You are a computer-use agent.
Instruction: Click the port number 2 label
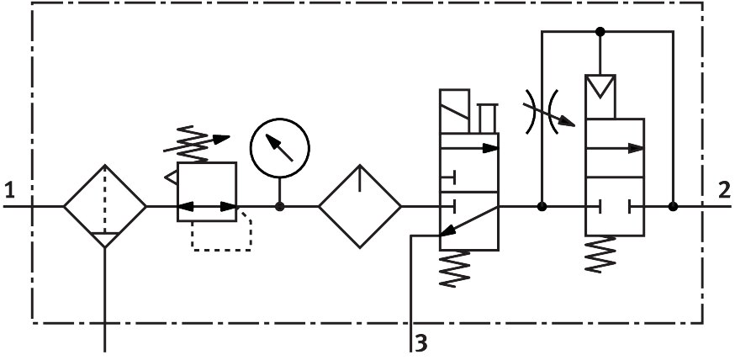(x=723, y=190)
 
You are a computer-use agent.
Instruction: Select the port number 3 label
(x=421, y=343)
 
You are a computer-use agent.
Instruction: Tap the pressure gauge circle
(x=279, y=148)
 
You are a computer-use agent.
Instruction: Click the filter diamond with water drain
(x=105, y=205)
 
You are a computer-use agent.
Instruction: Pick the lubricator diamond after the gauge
(x=360, y=205)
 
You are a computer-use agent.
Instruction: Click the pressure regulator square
(x=207, y=192)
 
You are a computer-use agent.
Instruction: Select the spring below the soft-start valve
(x=602, y=253)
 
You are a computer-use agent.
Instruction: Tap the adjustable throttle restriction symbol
(x=545, y=110)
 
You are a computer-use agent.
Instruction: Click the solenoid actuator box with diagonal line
(x=455, y=110)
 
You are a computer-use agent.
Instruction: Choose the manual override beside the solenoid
(x=487, y=118)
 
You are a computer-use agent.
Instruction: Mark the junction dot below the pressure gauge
(x=279, y=206)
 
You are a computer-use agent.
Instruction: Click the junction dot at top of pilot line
(x=600, y=32)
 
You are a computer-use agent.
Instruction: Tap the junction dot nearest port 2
(x=674, y=206)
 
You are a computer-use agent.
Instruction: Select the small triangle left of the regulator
(x=171, y=177)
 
